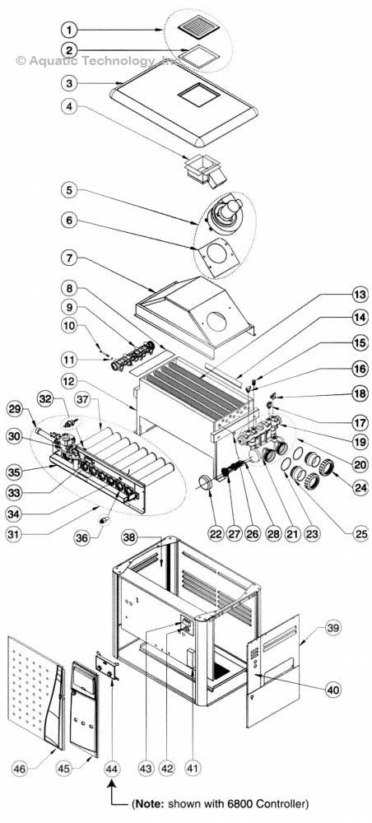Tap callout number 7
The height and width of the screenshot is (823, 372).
pyautogui.click(x=72, y=258)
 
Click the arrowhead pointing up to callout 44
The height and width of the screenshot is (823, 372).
pyautogui.click(x=111, y=786)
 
